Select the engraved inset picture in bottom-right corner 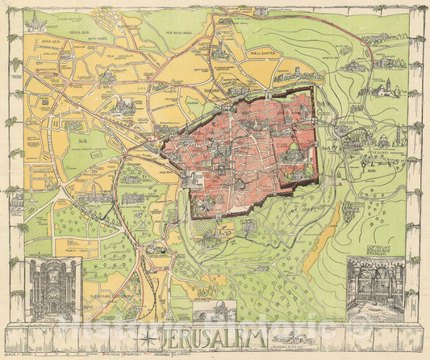[375, 288]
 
